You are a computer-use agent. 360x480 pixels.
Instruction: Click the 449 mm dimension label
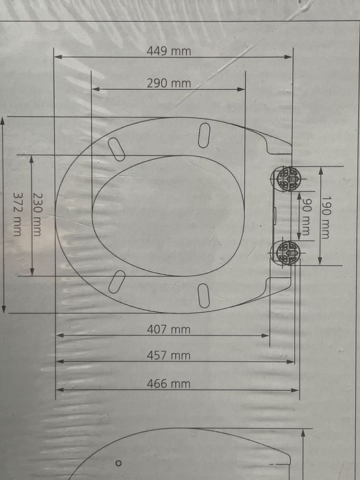(169, 51)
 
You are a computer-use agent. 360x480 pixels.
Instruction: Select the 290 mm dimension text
(169, 84)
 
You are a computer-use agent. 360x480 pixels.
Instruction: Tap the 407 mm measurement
(169, 329)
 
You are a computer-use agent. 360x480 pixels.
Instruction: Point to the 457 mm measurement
(169, 355)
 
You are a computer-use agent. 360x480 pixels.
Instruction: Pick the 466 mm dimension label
(169, 384)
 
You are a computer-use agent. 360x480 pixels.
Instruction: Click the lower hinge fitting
(287, 252)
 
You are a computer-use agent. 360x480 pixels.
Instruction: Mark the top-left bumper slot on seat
(116, 149)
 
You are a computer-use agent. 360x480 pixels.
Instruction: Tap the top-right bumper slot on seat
(204, 135)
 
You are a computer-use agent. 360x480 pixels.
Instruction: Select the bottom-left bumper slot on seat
(117, 281)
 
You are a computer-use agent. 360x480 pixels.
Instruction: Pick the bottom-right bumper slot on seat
(204, 295)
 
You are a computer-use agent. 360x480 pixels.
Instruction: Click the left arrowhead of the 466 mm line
(58, 390)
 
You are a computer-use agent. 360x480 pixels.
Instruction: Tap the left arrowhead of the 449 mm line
(57, 57)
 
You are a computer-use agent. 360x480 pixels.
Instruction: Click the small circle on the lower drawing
(119, 463)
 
